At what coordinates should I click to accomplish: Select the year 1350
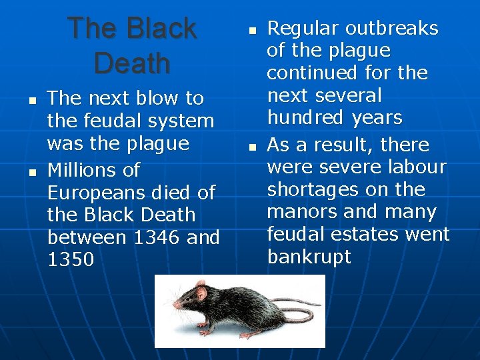click(71, 260)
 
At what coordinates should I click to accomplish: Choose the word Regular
click(303, 29)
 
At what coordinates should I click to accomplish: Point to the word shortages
click(313, 190)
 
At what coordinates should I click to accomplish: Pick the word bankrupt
click(309, 257)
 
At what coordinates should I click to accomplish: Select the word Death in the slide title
click(132, 63)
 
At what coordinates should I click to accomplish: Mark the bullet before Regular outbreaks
click(252, 31)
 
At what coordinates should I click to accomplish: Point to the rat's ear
click(200, 290)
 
